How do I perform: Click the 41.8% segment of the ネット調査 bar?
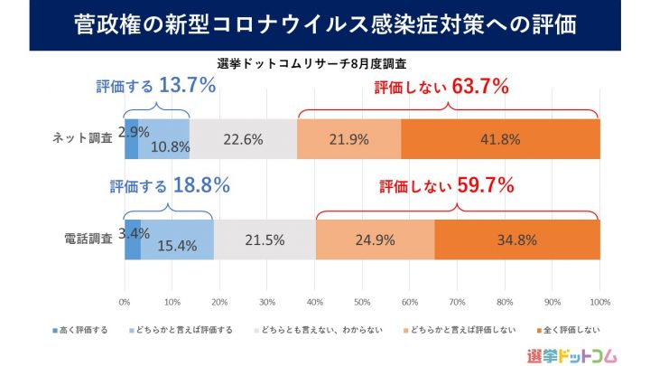500,138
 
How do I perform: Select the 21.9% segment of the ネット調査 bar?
348,138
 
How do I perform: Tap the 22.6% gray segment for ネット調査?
243,138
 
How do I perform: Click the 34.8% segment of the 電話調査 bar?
517,239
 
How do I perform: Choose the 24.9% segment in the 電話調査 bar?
375,239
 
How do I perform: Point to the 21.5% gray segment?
265,239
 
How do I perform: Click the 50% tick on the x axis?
362,301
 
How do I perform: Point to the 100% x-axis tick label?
599,301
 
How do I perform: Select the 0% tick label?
125,301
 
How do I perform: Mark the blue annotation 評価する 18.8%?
169,186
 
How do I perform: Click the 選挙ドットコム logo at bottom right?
574,353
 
